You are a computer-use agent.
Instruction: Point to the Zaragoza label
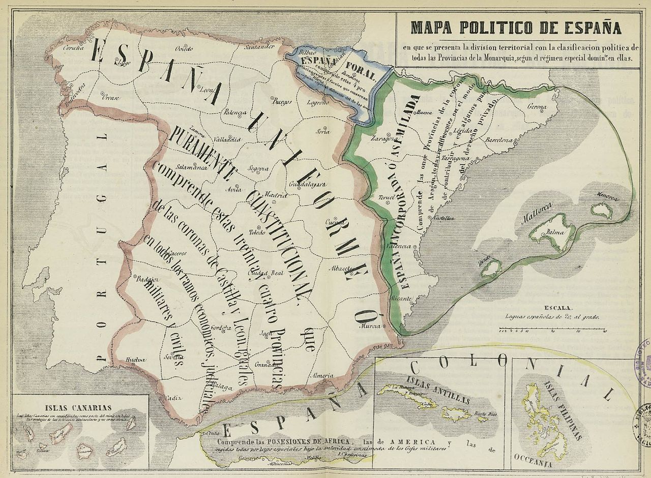(383, 138)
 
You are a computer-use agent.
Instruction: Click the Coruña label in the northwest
(73, 49)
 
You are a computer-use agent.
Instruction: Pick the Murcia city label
(370, 326)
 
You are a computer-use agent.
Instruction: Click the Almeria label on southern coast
(323, 375)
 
